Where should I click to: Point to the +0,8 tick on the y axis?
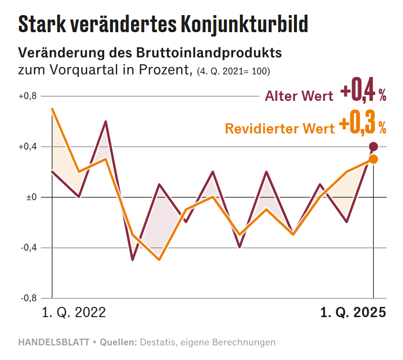coord(28,96)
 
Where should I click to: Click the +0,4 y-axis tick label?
coord(28,147)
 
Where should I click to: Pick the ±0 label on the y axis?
coord(31,197)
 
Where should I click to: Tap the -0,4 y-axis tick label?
coord(29,248)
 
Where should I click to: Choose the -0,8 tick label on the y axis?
coord(29,299)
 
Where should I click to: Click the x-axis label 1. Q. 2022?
coord(74,312)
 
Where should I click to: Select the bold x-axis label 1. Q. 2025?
coord(353,312)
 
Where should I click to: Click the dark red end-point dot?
coord(373,147)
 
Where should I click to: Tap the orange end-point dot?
coord(373,159)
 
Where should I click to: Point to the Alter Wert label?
coord(299,96)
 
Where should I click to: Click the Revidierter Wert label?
coord(279,129)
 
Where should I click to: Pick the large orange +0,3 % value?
coord(363,125)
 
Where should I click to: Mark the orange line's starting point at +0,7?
coord(52,109)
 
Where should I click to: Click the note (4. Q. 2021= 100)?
coord(233,71)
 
